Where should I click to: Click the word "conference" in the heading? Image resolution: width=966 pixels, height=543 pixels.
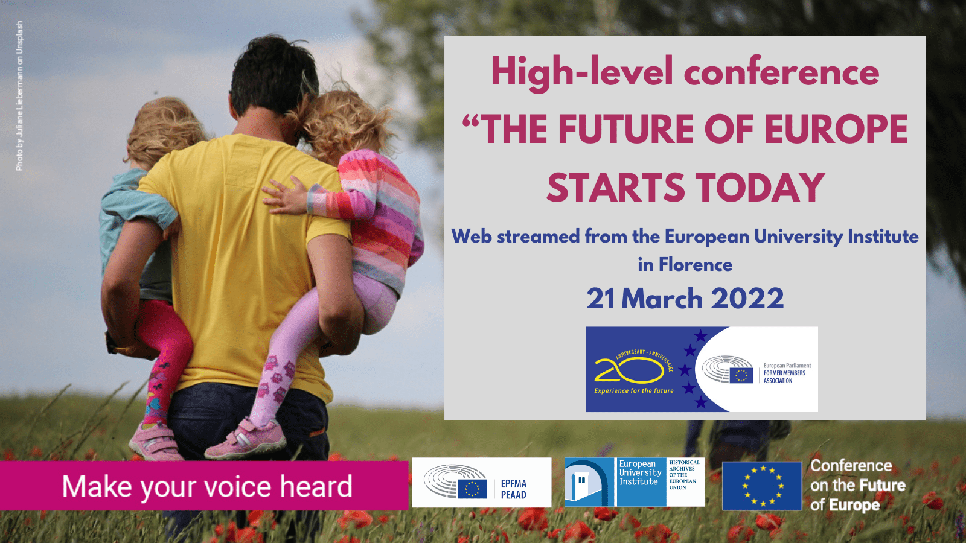(x=781, y=72)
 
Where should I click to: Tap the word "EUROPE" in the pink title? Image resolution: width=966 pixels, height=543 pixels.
(x=836, y=129)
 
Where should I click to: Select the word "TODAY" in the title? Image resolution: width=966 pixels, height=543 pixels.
(x=760, y=187)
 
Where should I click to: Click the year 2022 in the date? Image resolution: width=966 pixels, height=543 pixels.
(x=747, y=299)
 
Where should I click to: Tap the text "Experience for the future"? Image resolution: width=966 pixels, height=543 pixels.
(x=633, y=391)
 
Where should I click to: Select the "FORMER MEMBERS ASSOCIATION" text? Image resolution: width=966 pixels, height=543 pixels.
(x=784, y=376)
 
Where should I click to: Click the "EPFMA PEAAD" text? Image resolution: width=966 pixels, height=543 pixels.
(x=514, y=489)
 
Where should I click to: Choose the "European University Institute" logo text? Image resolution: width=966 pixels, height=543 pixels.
(x=641, y=472)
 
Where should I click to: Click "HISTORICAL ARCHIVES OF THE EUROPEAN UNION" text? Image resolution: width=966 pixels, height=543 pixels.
(x=685, y=474)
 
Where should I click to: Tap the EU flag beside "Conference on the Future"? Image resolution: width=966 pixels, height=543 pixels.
(x=762, y=486)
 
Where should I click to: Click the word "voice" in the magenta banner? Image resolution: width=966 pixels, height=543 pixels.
(x=238, y=486)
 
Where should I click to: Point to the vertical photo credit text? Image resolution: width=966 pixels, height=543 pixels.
(x=19, y=96)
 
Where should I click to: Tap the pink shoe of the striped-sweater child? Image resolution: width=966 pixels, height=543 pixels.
(x=245, y=440)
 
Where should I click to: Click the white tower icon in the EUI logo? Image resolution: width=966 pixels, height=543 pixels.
(x=581, y=486)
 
